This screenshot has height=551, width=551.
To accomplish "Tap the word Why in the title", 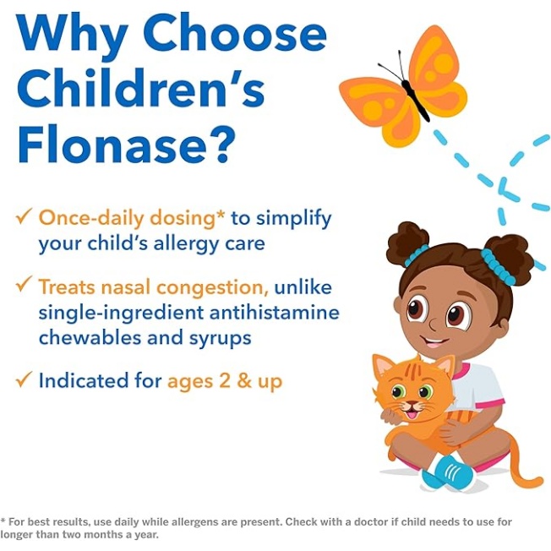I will pos(73,34).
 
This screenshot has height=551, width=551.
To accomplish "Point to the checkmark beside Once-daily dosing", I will pos(24,218).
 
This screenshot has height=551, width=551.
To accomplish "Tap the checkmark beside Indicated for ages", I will pos(24,381).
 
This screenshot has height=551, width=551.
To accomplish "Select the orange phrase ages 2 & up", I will pos(224,381).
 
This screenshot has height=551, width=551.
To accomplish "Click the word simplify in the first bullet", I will pos(292,218).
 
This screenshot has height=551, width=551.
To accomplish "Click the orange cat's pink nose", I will pos(412,403).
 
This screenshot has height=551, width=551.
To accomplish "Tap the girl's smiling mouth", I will pos(435,342).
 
